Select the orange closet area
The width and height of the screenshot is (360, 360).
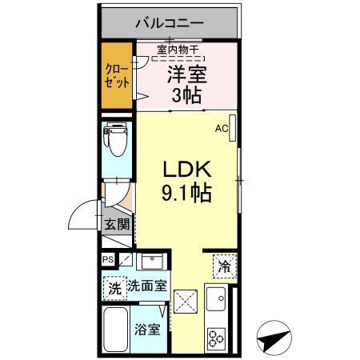[x=116, y=76]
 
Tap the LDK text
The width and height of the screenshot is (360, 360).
[x=186, y=170]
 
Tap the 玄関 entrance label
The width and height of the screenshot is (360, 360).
[x=117, y=225]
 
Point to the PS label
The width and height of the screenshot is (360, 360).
[x=107, y=259]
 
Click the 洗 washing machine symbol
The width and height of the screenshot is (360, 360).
[x=114, y=286]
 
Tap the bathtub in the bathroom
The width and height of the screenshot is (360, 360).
[x=117, y=330]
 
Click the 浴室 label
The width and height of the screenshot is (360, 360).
[x=146, y=327]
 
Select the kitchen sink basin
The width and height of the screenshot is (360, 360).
[x=216, y=302]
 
